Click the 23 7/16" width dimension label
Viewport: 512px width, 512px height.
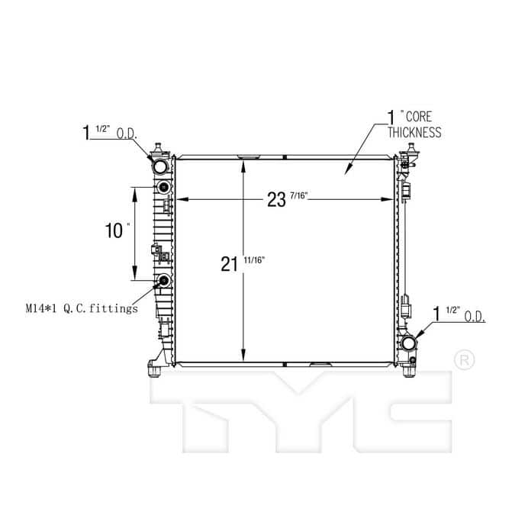point(288,199)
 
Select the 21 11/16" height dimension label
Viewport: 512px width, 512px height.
point(243,263)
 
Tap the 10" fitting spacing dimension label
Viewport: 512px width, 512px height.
point(117,230)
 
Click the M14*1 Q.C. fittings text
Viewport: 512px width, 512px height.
point(82,308)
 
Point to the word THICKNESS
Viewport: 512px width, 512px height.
point(414,132)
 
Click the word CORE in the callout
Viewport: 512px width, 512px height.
point(419,117)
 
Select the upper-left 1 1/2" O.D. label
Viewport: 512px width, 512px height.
point(109,132)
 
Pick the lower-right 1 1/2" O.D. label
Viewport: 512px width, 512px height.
point(459,314)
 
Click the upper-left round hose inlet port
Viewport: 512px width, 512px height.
point(160,166)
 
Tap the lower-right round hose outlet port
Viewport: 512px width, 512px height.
point(408,343)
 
